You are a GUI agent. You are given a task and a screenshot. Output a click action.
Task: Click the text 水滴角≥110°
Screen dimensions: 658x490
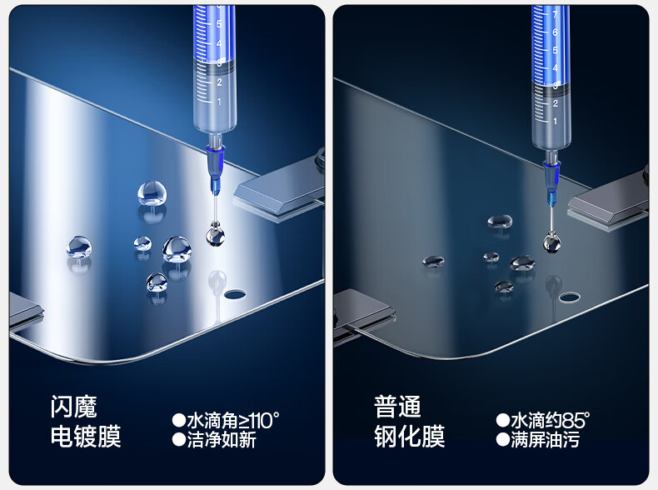coord(233,420)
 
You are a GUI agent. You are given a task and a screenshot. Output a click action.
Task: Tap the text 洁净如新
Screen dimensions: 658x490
coord(222,440)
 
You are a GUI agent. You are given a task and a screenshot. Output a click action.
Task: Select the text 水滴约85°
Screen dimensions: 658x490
coord(551,420)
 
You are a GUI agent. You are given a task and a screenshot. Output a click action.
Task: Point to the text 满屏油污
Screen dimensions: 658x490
coord(545,440)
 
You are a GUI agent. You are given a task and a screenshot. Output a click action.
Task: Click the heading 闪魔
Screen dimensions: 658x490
coord(74,407)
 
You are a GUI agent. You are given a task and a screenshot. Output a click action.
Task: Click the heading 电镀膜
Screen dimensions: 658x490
coord(86,437)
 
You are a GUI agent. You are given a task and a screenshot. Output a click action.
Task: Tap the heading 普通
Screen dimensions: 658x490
coord(397,407)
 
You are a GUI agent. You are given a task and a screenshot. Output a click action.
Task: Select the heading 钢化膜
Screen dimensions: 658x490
coord(410,437)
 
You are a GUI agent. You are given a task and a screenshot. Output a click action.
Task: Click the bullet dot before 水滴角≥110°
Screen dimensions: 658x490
coord(179,420)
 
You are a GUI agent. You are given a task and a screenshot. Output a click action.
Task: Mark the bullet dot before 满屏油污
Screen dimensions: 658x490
coord(503,440)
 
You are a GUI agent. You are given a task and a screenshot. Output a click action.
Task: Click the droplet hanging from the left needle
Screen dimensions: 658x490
coord(215,235)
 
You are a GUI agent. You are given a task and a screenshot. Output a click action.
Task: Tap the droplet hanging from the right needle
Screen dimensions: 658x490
coord(552,242)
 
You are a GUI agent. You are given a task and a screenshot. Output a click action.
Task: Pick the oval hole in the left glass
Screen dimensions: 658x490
coord(235,294)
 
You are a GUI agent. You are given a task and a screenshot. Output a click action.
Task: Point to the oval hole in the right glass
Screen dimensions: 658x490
coord(569,297)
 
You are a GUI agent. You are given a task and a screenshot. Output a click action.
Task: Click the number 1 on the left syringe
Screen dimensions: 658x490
coord(219,102)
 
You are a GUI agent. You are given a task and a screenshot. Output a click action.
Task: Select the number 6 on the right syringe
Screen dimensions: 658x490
coord(555,32)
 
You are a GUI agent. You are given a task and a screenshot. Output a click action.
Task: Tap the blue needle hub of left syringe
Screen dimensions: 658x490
coord(216,169)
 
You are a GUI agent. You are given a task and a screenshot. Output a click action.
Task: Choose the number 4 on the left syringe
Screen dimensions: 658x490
coord(218,43)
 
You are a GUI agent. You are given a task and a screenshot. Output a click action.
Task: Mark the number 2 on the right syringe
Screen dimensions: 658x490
coord(556,103)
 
